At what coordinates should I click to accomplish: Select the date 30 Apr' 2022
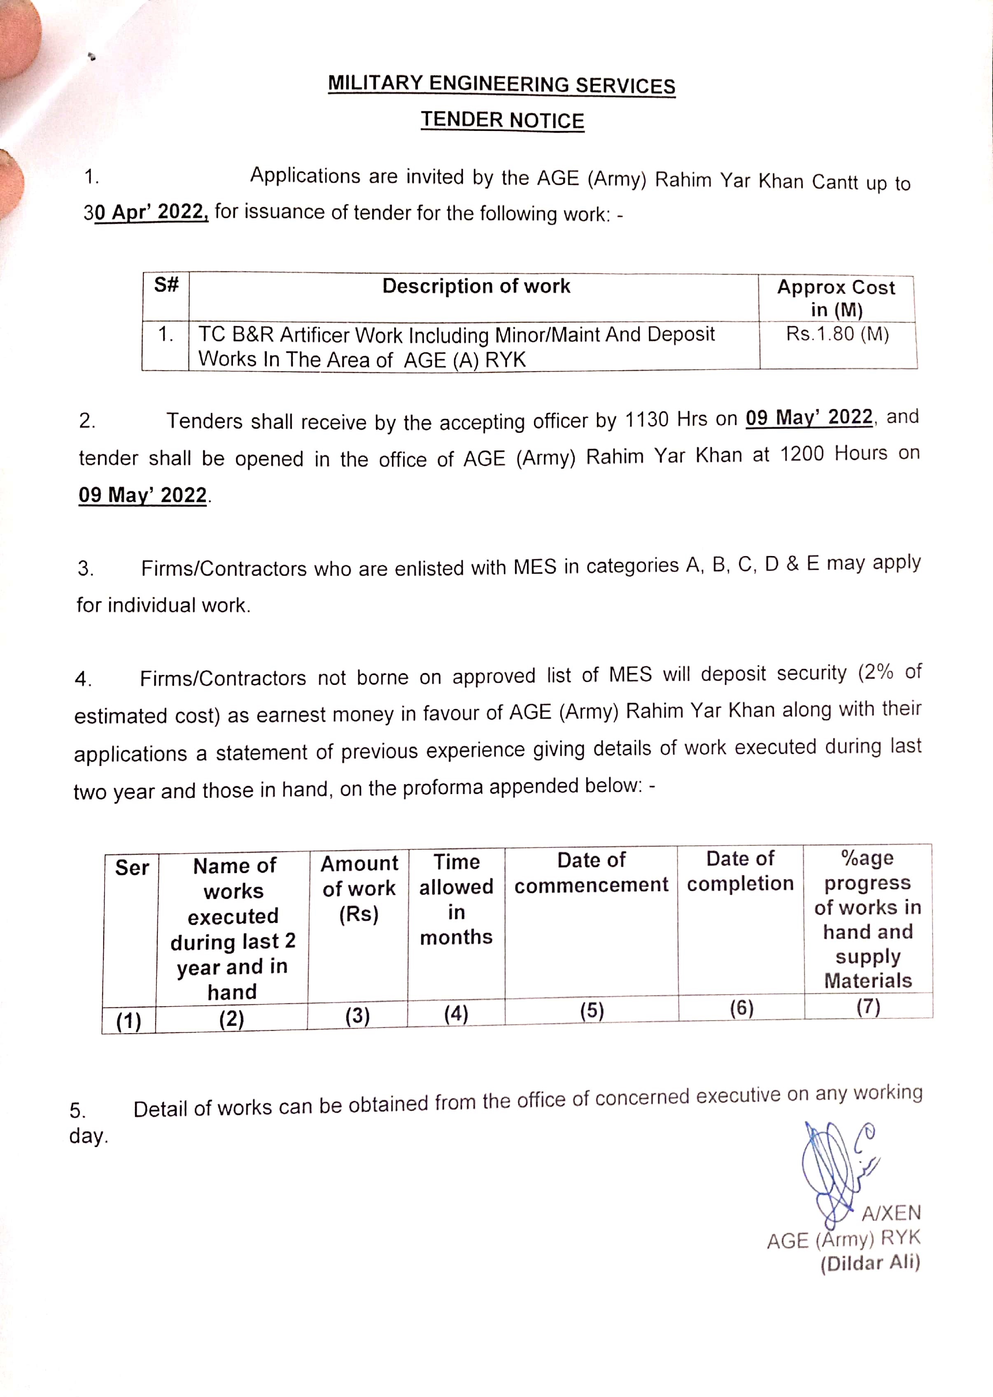147,212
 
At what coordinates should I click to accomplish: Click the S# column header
165,285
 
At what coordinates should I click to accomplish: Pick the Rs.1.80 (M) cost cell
837,334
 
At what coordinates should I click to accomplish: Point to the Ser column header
131,867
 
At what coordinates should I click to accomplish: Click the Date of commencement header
591,872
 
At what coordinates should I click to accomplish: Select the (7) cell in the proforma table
868,1006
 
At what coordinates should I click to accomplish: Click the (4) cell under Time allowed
456,1014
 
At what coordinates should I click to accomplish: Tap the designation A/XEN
891,1212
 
